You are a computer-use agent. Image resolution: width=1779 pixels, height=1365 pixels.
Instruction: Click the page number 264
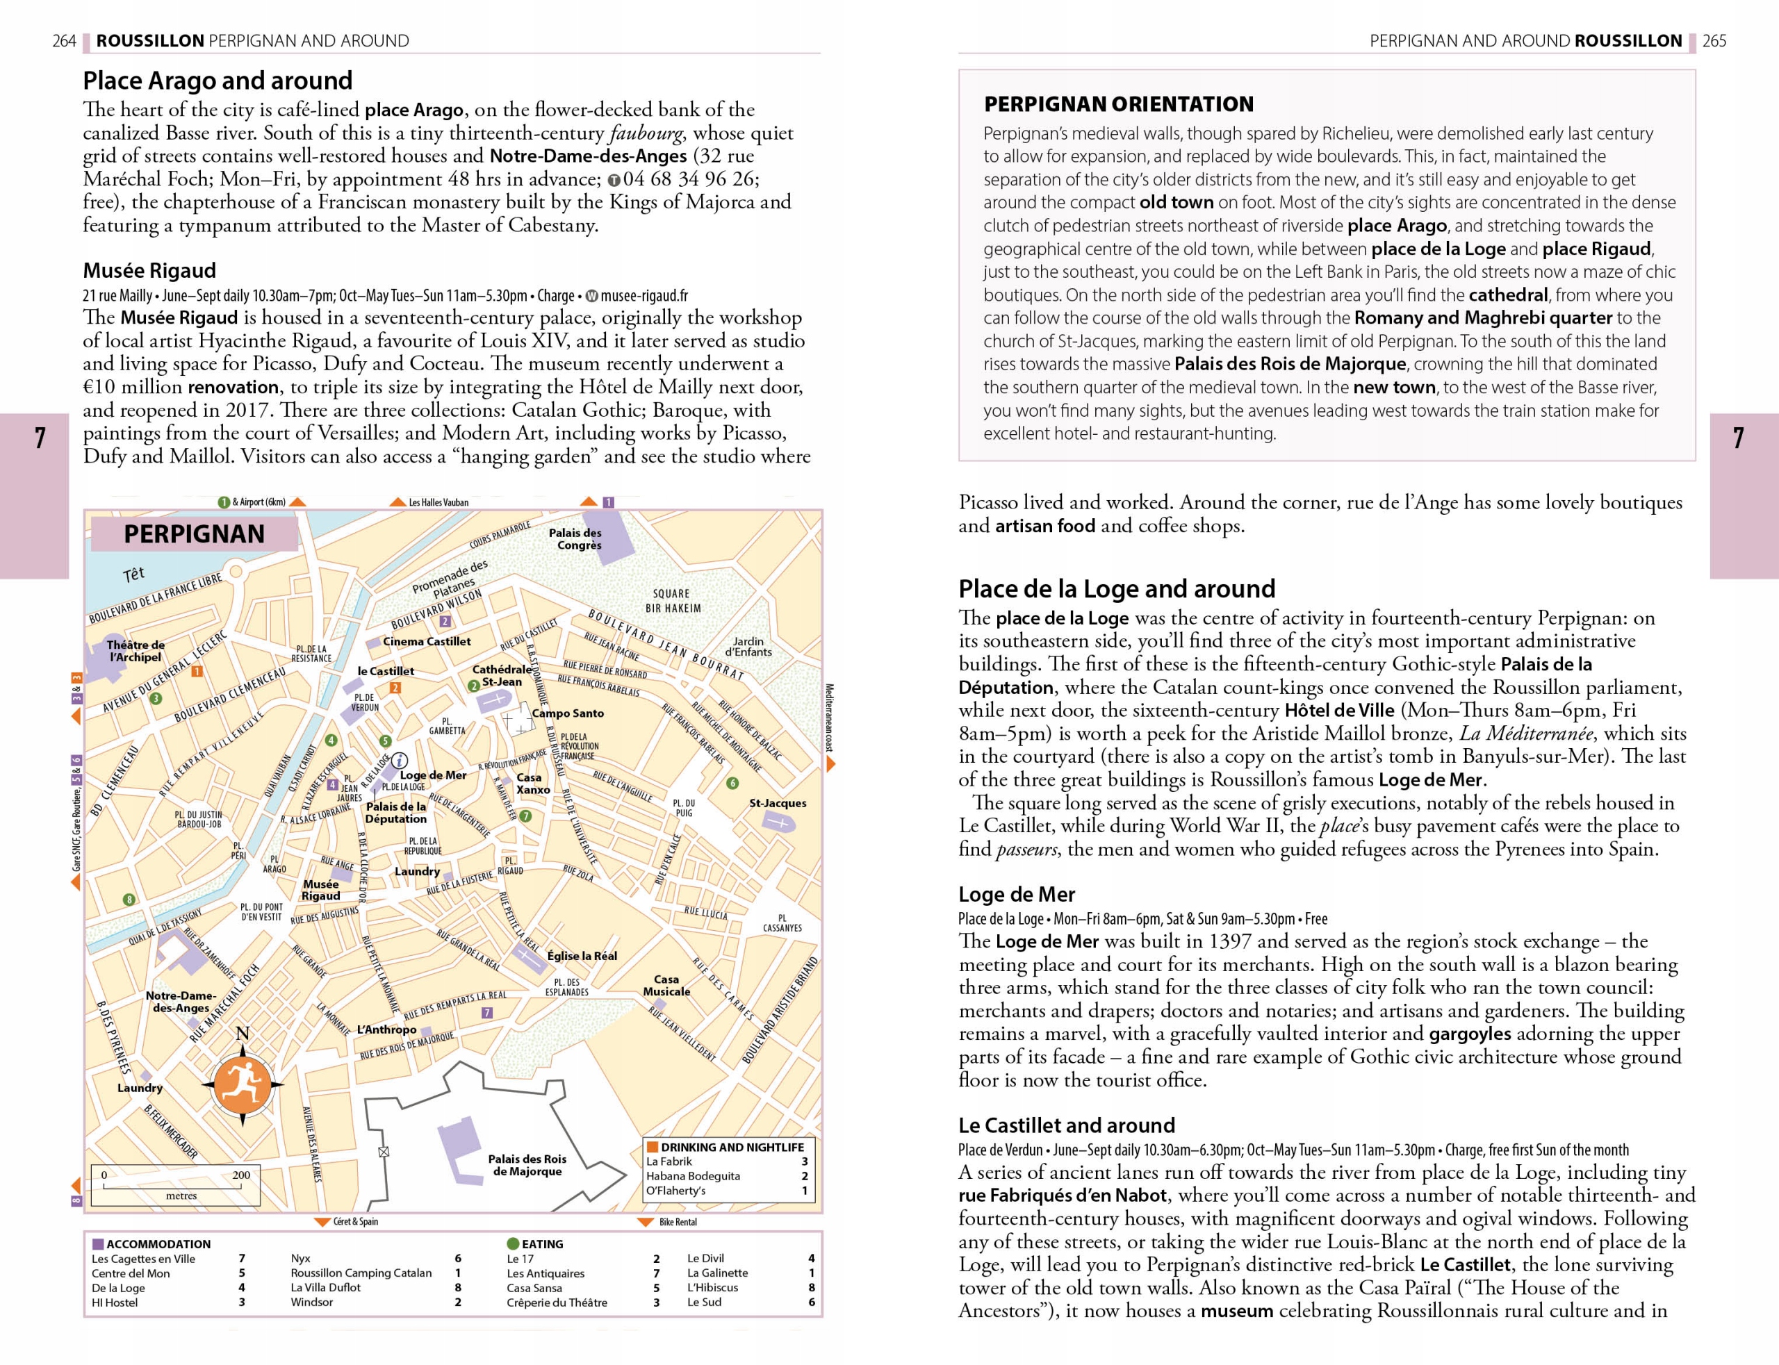[64, 40]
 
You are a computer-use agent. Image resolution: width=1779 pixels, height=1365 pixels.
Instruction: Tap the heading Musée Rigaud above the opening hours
[149, 270]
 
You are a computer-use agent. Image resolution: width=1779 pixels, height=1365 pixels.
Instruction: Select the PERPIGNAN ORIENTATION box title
[1118, 104]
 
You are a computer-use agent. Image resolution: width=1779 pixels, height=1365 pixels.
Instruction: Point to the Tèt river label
[133, 574]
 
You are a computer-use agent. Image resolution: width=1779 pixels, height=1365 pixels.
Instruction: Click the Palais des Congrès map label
[575, 538]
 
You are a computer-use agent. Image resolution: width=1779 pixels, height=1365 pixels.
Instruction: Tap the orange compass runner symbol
[243, 1084]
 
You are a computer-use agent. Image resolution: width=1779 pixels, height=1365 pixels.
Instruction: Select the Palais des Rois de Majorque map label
[527, 1165]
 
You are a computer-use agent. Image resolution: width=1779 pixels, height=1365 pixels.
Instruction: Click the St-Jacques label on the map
[778, 803]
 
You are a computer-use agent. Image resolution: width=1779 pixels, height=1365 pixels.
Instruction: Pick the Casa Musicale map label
[666, 985]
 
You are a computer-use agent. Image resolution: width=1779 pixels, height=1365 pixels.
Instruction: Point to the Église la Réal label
[582, 956]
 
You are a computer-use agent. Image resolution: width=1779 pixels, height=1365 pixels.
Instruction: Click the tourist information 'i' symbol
[399, 761]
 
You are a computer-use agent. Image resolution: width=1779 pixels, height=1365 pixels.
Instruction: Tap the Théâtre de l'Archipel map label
[135, 651]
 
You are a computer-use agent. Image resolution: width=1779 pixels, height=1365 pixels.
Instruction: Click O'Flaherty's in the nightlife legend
[675, 1191]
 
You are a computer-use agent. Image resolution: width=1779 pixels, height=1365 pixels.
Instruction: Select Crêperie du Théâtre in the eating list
[557, 1302]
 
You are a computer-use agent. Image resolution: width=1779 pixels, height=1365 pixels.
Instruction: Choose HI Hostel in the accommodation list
[115, 1302]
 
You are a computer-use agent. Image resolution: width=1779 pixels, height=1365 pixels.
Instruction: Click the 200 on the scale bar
[240, 1175]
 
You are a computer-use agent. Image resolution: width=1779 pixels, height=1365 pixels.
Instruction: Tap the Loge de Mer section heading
[1016, 895]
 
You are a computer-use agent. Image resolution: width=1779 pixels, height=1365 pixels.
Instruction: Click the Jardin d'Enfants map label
[748, 647]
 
